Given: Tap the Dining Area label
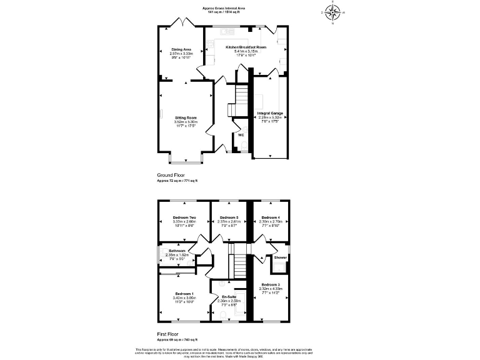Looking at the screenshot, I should click(181, 48).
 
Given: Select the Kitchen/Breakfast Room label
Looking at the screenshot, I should click(250, 47).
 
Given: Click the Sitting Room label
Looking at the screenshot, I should click(186, 117).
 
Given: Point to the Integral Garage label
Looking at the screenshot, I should click(271, 113).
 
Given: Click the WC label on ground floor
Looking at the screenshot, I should click(241, 134).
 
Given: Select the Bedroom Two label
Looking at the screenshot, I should click(184, 217).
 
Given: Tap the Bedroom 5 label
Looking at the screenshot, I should click(229, 217).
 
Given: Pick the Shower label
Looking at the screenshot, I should click(280, 257).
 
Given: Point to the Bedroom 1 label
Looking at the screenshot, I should click(184, 294).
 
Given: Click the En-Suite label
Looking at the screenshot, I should click(229, 297).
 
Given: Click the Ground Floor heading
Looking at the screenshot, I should click(169, 176).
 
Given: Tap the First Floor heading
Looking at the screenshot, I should click(168, 335).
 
